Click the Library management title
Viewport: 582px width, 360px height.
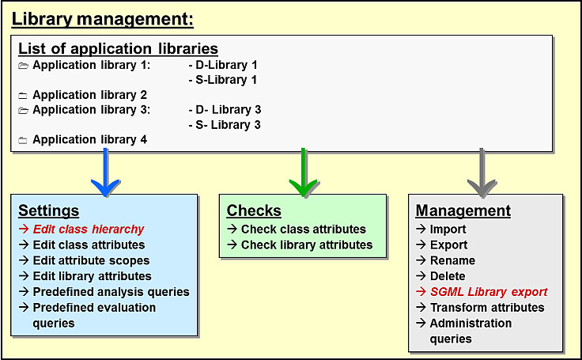click(103, 19)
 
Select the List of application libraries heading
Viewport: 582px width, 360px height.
click(118, 49)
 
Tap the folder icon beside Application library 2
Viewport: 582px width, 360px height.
click(23, 96)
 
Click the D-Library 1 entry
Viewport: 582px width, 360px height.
click(223, 65)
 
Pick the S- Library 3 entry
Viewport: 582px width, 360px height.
click(225, 125)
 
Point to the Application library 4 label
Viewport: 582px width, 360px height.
click(90, 140)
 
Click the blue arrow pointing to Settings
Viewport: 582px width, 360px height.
click(105, 172)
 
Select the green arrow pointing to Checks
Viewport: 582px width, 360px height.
click(303, 172)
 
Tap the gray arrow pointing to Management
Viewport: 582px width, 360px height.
click(482, 172)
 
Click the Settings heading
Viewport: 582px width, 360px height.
click(48, 210)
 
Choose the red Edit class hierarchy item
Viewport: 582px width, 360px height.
click(89, 229)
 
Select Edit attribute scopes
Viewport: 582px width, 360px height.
click(91, 260)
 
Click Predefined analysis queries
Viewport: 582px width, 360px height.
click(111, 292)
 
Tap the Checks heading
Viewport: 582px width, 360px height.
click(254, 210)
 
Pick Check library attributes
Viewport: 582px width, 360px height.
click(307, 244)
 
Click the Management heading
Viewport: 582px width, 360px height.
click(463, 210)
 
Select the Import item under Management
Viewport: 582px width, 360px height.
click(448, 229)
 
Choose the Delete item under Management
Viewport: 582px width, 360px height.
click(448, 276)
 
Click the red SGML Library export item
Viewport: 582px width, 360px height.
click(489, 292)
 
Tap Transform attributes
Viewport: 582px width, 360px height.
click(487, 308)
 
